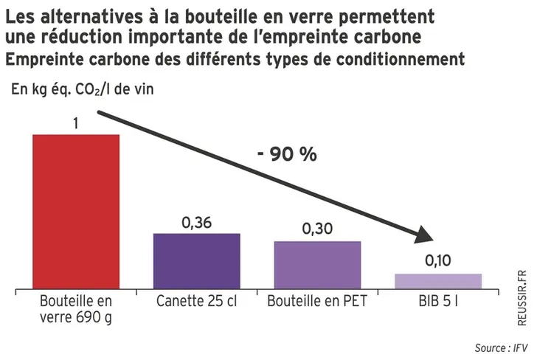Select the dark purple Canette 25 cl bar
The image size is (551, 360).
pyautogui.click(x=196, y=260)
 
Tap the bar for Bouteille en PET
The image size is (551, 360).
pyautogui.click(x=317, y=264)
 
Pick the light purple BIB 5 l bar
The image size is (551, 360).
pyautogui.click(x=438, y=280)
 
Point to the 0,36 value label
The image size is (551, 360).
pyautogui.click(x=196, y=222)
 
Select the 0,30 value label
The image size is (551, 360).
pyautogui.click(x=317, y=229)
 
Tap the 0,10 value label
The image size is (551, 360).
pyautogui.click(x=438, y=261)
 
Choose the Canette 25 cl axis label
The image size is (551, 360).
pyautogui.click(x=196, y=302)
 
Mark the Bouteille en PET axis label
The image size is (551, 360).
pyautogui.click(x=317, y=302)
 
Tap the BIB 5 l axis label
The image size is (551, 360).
pyautogui.click(x=438, y=302)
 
